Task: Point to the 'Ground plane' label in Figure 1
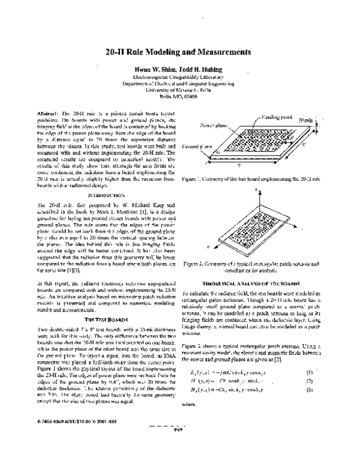pyautogui.click(x=196, y=146)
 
